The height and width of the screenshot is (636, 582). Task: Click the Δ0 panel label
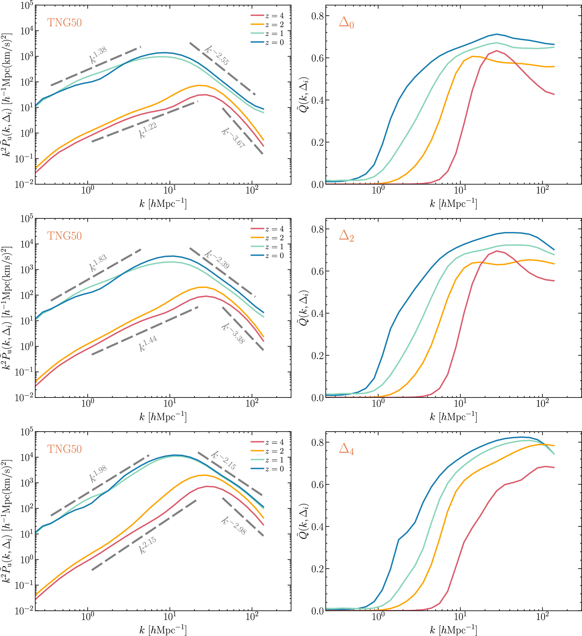[346, 23]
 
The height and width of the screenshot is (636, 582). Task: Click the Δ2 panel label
[346, 236]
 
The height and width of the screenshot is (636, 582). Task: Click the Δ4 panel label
[346, 449]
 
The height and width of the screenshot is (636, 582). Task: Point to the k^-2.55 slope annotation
[217, 55]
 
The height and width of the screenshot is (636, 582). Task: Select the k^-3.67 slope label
[233, 138]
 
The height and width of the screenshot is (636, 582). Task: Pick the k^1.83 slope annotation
[98, 263]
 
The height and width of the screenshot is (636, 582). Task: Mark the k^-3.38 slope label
[233, 333]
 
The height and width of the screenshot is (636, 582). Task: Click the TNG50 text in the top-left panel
[64, 23]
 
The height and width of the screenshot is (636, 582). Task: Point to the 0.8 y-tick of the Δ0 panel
[318, 16]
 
